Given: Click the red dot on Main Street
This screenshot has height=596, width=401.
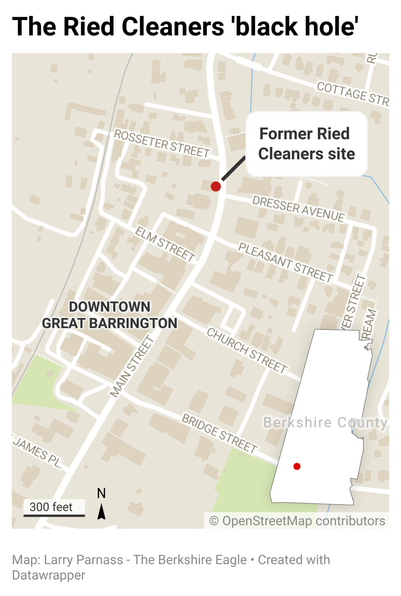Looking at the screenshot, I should [x=216, y=186].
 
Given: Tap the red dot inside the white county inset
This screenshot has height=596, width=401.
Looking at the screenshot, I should [x=297, y=466].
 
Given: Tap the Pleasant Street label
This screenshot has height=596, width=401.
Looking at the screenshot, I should [x=285, y=262].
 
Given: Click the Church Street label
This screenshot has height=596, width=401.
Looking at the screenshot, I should [x=247, y=350].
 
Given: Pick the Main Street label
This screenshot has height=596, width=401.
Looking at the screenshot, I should [x=132, y=366].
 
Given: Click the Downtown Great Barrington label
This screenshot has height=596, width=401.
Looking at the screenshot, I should [x=109, y=315].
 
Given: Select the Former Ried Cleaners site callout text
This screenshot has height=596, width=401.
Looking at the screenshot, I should [x=306, y=144].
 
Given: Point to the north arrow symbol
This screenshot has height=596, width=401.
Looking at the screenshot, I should [x=101, y=511].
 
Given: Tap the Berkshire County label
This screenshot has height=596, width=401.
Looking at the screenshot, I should [x=325, y=422].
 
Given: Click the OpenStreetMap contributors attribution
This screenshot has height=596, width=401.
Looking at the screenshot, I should [x=297, y=521].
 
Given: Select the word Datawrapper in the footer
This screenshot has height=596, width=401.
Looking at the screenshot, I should [x=49, y=575].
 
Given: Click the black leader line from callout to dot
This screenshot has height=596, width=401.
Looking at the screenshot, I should [x=233, y=169].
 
